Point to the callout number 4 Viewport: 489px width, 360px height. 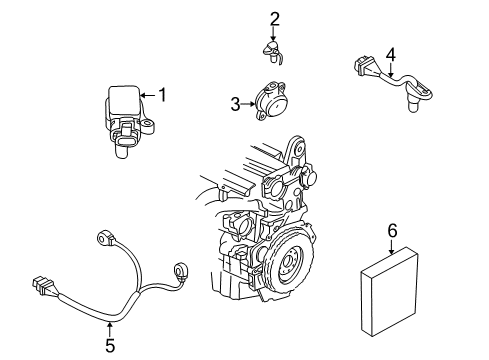(x=391, y=54)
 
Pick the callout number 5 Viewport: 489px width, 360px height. (x=110, y=346)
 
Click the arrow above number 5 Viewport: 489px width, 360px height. (x=110, y=326)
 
